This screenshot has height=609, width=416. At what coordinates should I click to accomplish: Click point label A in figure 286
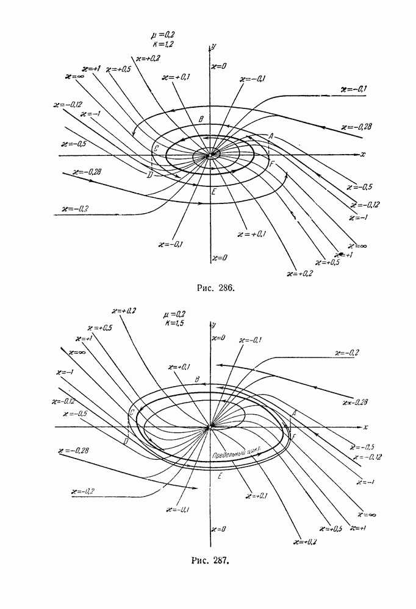coord(270,136)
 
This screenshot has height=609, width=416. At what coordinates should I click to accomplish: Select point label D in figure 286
coord(149,175)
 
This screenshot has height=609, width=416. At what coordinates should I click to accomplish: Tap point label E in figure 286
coord(213,192)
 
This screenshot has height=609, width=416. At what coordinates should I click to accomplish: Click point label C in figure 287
coord(131,413)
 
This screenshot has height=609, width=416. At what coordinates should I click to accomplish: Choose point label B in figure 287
coord(197,380)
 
